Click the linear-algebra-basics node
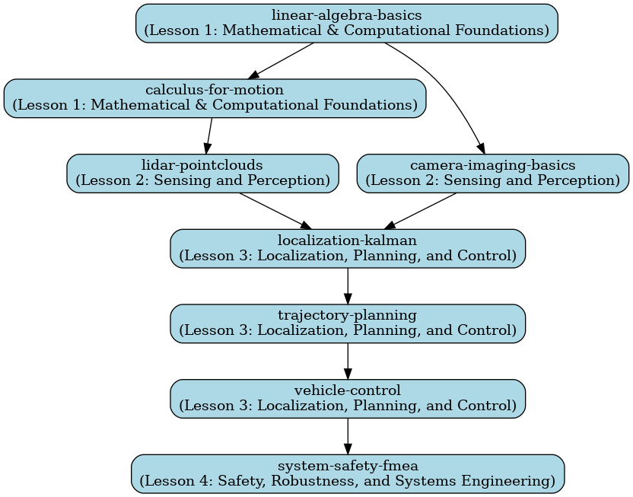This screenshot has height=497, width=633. [347, 23]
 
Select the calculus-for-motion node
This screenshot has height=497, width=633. [215, 98]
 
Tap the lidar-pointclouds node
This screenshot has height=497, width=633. [202, 173]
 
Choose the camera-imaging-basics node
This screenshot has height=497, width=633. [492, 173]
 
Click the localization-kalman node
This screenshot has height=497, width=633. [348, 248]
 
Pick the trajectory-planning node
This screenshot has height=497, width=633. [348, 323]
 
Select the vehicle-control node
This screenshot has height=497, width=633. [348, 398]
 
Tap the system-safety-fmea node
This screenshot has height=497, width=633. [348, 473]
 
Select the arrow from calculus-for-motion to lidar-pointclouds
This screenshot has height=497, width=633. [208, 135]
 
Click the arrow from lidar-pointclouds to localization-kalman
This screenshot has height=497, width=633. [275, 210]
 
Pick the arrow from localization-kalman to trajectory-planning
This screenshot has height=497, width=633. [348, 285]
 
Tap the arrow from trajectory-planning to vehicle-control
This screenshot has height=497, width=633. [348, 360]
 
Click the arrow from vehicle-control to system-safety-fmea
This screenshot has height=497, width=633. [348, 435]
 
